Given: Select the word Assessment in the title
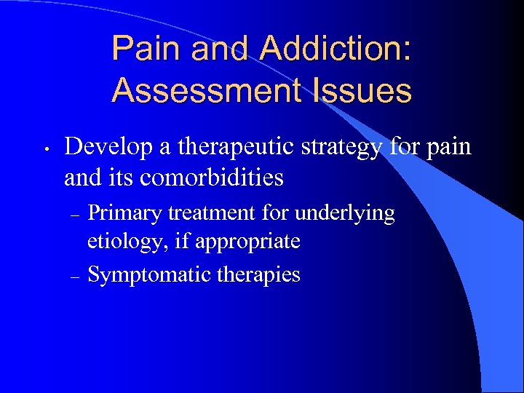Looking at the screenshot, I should coord(206,92).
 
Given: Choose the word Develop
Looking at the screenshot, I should coord(107,148).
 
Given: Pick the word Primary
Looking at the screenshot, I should coord(124,213).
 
